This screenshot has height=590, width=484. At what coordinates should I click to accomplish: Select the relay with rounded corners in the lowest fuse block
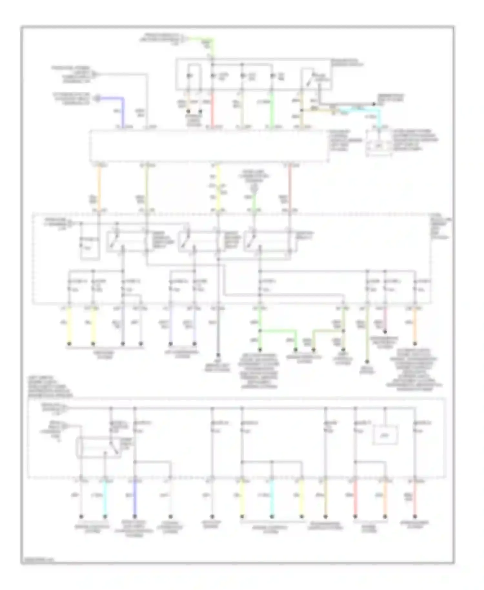click(x=98, y=447)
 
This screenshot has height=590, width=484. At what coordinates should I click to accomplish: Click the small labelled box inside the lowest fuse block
click(x=385, y=435)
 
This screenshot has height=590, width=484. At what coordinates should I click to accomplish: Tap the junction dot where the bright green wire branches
click(x=260, y=331)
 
